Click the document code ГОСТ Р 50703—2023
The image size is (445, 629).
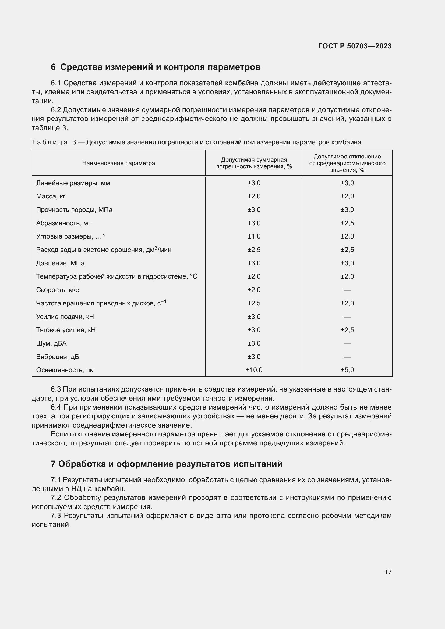point(355,46)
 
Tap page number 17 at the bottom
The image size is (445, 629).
point(388,572)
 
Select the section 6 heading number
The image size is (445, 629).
point(53,67)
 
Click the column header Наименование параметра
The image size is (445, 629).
point(118,163)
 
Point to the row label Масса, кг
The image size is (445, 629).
point(51,196)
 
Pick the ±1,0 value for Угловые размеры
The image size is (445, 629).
point(254,236)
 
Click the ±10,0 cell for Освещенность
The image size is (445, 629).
point(254,370)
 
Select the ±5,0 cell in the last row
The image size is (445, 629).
point(347,370)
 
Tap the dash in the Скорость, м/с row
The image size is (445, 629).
point(347,290)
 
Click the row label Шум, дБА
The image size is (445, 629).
point(51,343)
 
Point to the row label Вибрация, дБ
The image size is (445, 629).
point(58,357)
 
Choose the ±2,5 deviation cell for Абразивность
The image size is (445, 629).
point(347,223)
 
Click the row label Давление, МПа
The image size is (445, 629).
point(60,263)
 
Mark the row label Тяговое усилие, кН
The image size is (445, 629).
point(66,330)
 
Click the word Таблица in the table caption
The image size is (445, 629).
point(50,143)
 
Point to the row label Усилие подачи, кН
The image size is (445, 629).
point(65,317)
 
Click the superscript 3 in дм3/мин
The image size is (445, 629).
point(156,248)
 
